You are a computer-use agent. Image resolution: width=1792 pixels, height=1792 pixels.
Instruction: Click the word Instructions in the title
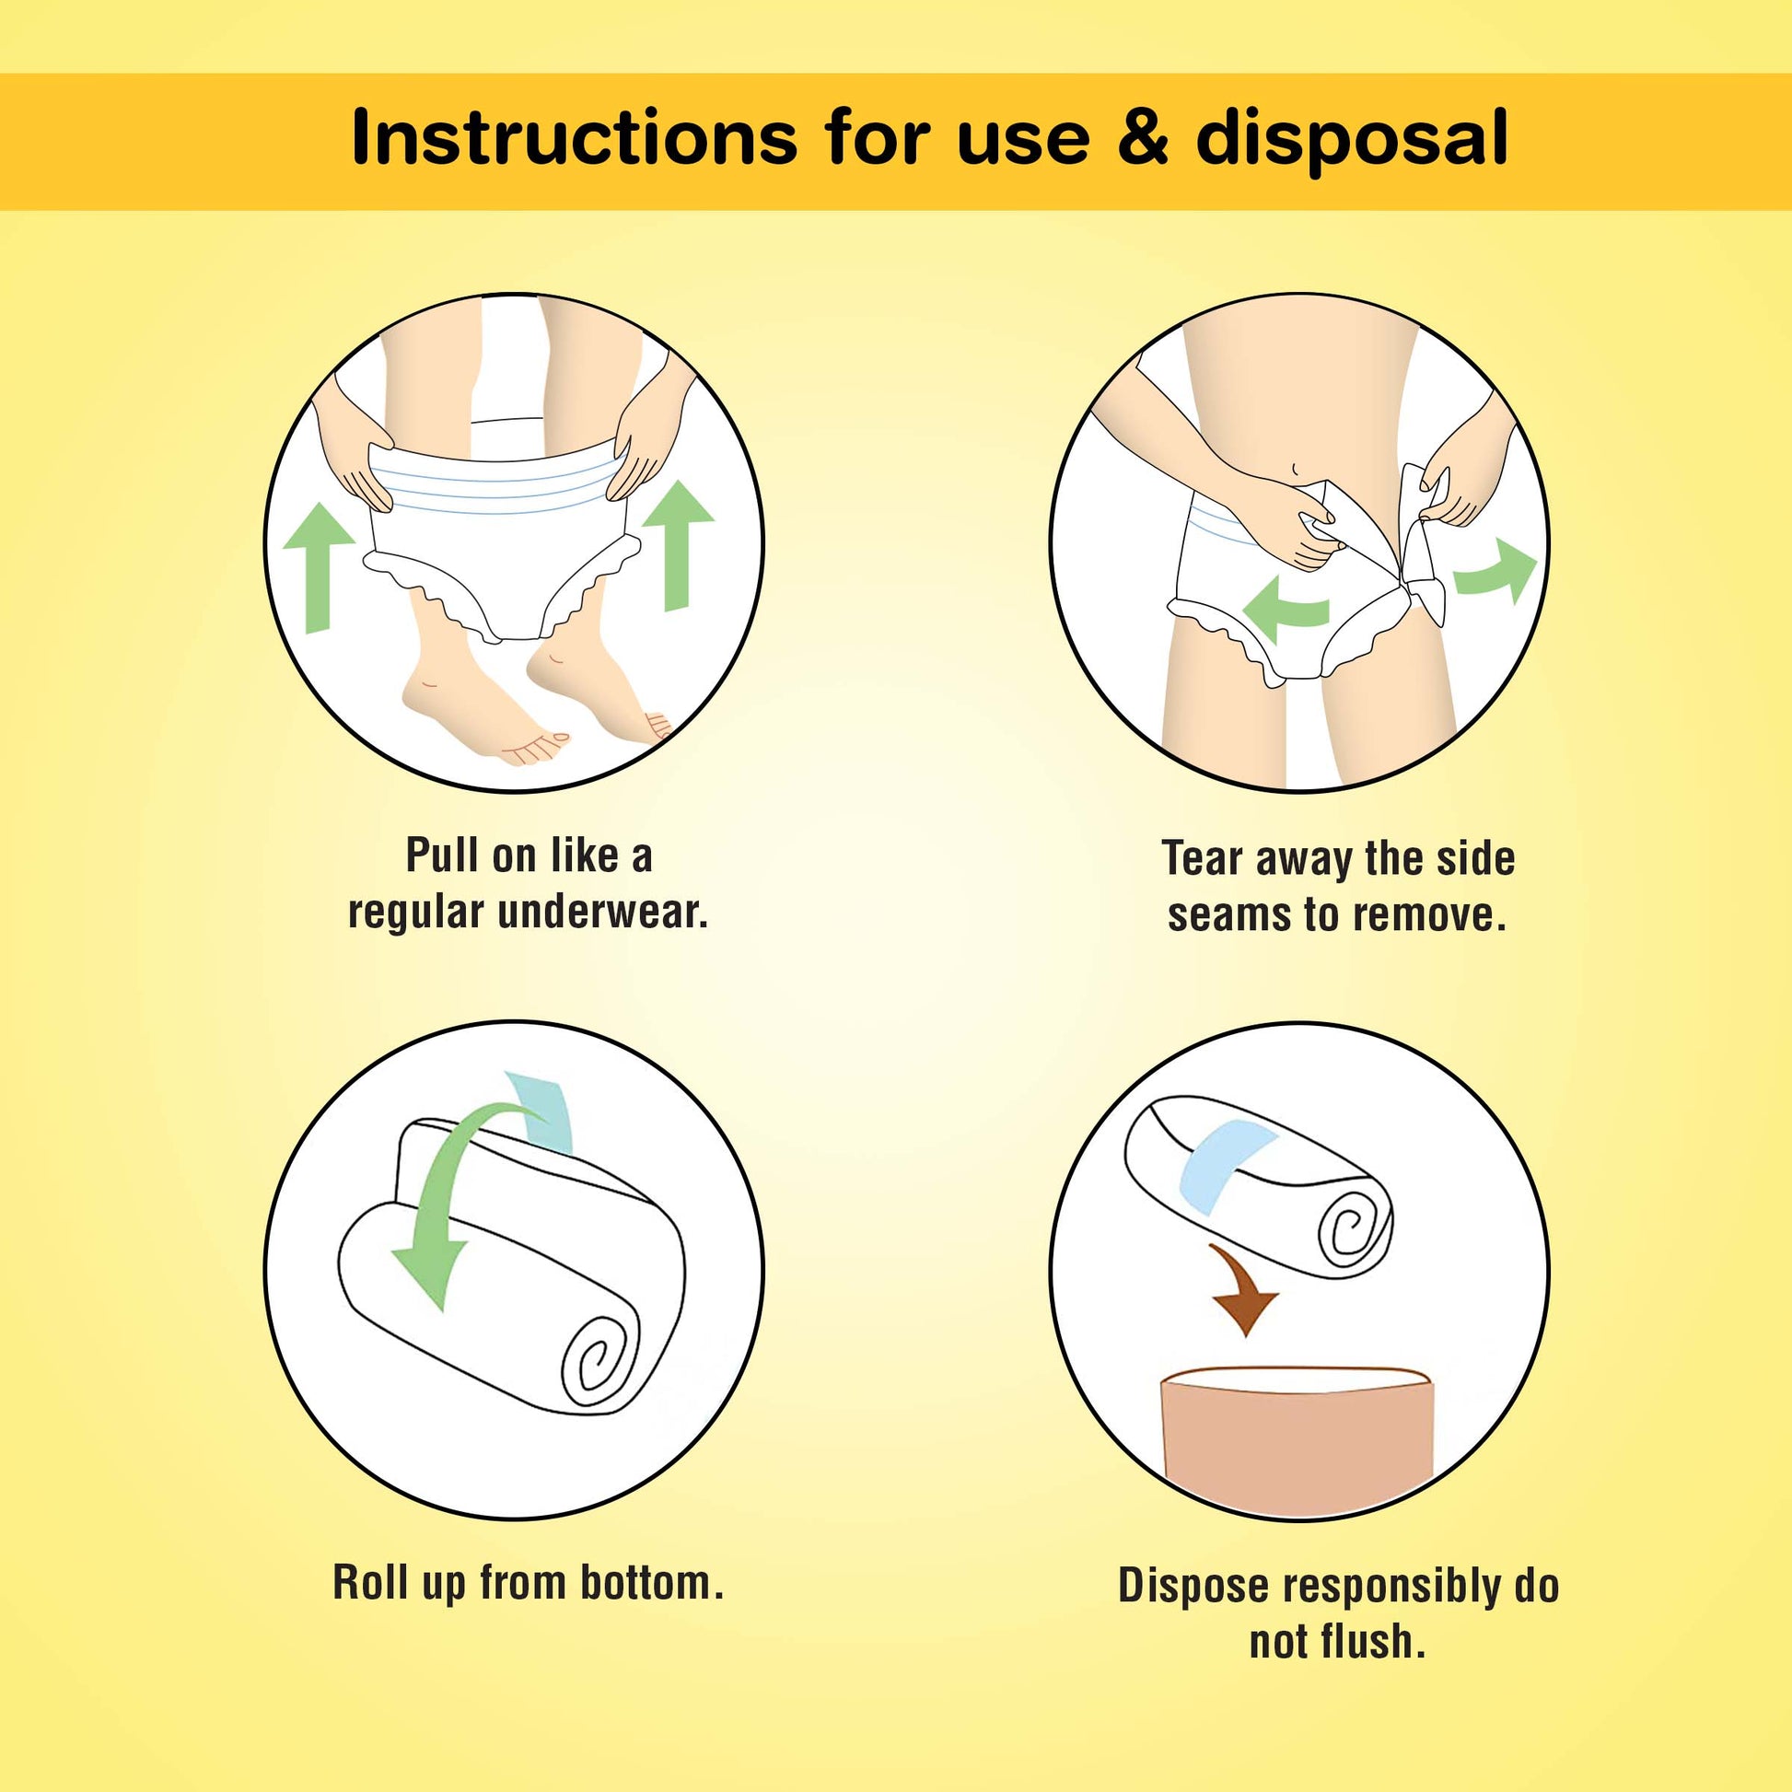[574, 138]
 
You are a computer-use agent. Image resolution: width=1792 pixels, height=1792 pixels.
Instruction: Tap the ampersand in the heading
[1143, 138]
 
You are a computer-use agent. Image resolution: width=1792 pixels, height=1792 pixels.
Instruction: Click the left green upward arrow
[318, 567]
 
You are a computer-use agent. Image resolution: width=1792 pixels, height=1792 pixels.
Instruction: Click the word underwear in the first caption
[603, 913]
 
